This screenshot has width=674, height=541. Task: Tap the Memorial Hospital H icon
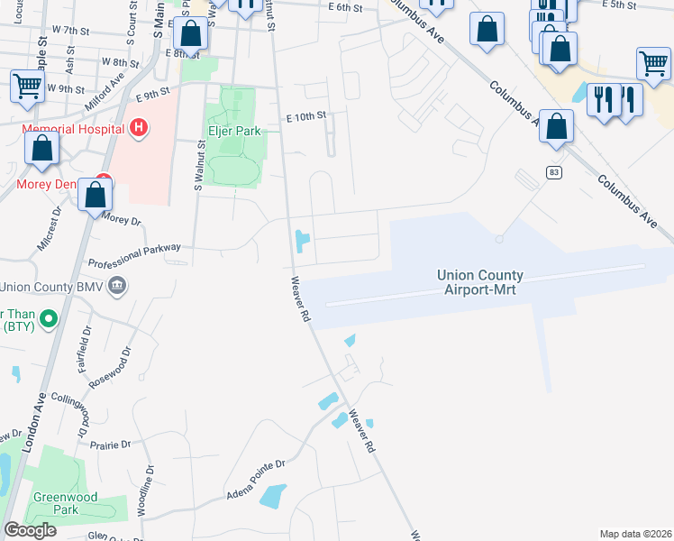pyautogui.click(x=138, y=129)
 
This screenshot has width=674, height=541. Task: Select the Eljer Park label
pyautogui.click(x=234, y=131)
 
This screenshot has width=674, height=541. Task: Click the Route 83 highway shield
pyautogui.click(x=554, y=171)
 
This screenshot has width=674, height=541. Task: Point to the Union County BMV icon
pyautogui.click(x=116, y=287)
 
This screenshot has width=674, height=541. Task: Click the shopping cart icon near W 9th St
pyautogui.click(x=27, y=87)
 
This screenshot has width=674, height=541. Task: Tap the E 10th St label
pyautogui.click(x=305, y=117)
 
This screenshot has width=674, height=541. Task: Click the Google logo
pyautogui.click(x=30, y=530)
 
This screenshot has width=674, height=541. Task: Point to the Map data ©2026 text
pyautogui.click(x=635, y=534)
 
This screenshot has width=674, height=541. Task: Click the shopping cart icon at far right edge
pyautogui.click(x=653, y=64)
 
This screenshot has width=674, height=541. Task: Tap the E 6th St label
pyautogui.click(x=345, y=7)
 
